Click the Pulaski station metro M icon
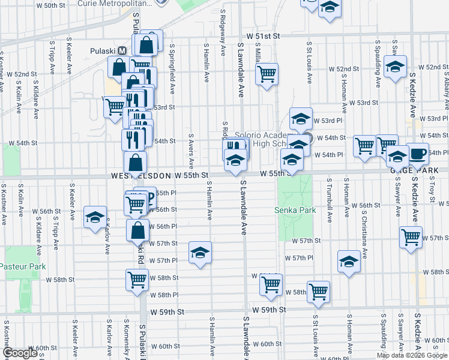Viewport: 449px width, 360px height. pos(121,51)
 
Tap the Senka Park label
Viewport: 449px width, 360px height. pos(295,211)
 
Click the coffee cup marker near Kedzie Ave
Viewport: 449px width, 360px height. pos(418,153)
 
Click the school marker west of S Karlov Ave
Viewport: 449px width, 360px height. pos(94,218)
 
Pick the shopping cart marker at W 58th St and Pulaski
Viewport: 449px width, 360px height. pos(137,279)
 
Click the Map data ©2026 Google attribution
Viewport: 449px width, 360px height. pos(412,355)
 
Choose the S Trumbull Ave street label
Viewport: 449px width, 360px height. pos(330,199)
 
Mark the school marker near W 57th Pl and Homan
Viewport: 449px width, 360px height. pos(349,261)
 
